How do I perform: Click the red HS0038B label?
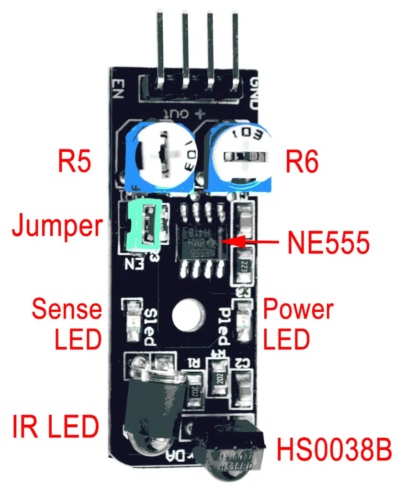[x=334, y=450]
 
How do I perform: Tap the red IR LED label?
[x=55, y=426]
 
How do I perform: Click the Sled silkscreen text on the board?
[x=149, y=326]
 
